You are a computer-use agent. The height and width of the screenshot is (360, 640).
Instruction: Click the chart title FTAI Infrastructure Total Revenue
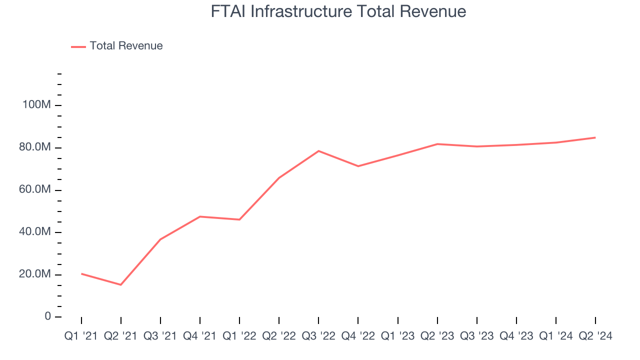coord(338,11)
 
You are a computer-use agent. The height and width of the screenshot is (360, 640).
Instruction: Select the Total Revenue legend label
coord(126,46)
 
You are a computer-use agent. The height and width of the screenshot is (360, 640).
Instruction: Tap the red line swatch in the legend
coord(78,46)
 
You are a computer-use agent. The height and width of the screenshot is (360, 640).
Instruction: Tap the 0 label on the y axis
coord(47,316)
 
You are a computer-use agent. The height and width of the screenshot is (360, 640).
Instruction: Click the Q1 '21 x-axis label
coord(81,336)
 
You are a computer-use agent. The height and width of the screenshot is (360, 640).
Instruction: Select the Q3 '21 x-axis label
coord(160,336)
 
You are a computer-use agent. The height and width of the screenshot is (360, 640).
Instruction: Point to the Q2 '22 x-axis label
coord(279,336)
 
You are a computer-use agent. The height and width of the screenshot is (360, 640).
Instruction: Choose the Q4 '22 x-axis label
coord(358,336)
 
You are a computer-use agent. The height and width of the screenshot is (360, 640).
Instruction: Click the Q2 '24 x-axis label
coord(595,336)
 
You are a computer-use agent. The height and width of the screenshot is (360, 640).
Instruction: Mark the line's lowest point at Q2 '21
coord(120,285)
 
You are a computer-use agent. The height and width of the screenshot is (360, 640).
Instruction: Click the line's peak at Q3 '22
coord(318,151)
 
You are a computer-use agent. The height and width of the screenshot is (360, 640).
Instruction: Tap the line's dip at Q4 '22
coord(358,166)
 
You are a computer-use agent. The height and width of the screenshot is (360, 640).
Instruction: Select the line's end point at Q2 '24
coord(595,137)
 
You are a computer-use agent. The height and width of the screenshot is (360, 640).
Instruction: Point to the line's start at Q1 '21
coord(81,273)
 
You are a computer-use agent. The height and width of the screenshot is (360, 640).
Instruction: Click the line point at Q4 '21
coord(200,216)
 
